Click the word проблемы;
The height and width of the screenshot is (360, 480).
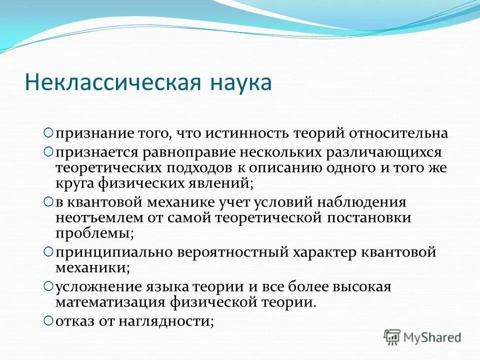[x=94, y=233]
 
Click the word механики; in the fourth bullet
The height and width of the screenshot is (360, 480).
[x=93, y=267]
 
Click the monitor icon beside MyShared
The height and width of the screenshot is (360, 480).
[x=392, y=337]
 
